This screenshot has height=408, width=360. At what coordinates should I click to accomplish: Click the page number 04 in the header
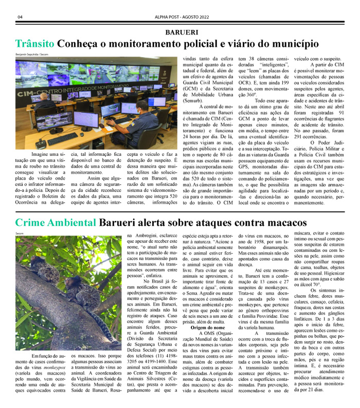tap(20, 17)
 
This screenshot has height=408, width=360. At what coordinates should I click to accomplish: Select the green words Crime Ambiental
tap(55, 223)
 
